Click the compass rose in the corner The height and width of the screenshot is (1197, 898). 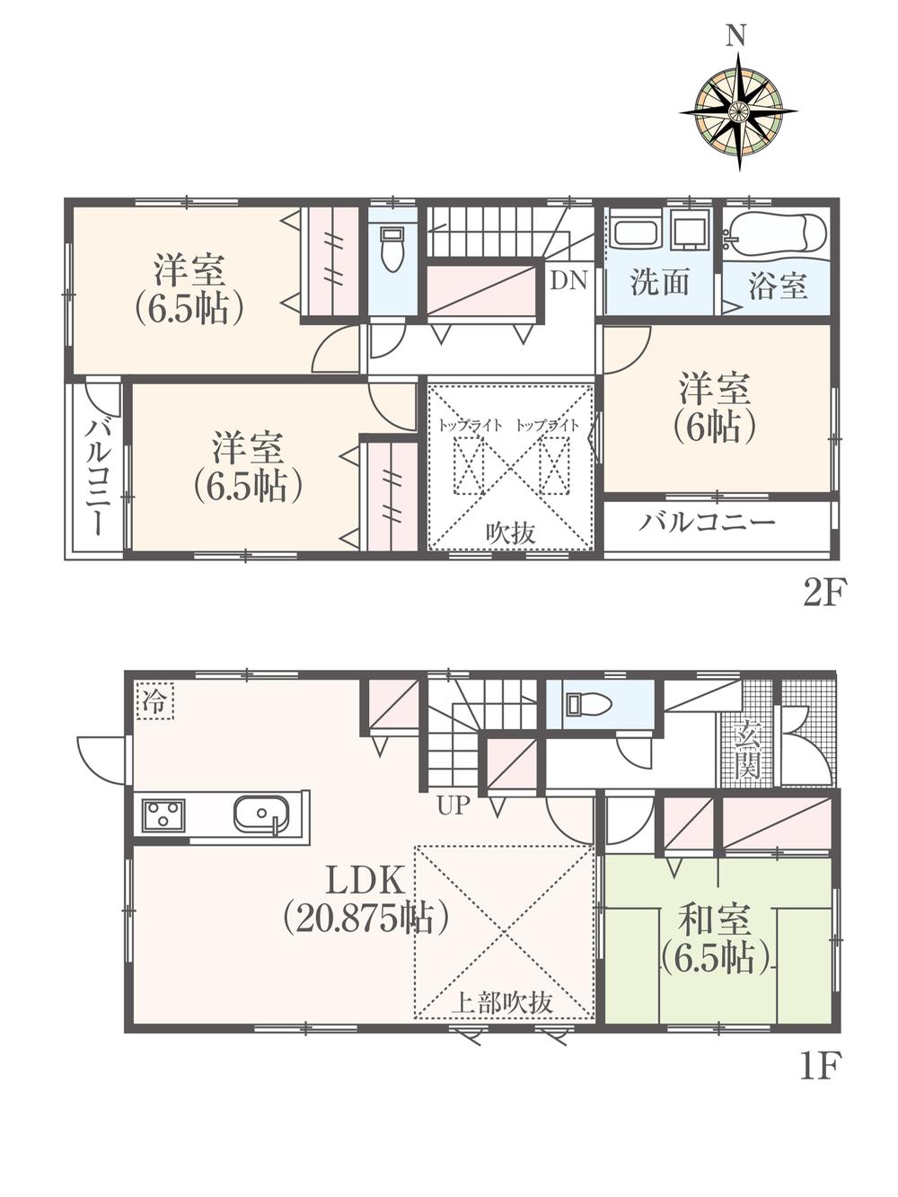738,111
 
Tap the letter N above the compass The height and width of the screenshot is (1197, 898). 737,36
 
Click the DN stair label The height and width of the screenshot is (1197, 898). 568,281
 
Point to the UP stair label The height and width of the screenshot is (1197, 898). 453,805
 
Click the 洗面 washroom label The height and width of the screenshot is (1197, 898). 659,283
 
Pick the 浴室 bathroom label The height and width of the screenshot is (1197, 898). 778,286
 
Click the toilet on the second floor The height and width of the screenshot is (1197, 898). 392,247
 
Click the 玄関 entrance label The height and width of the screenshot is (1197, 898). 747,751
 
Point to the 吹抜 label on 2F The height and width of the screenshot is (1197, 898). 511,532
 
